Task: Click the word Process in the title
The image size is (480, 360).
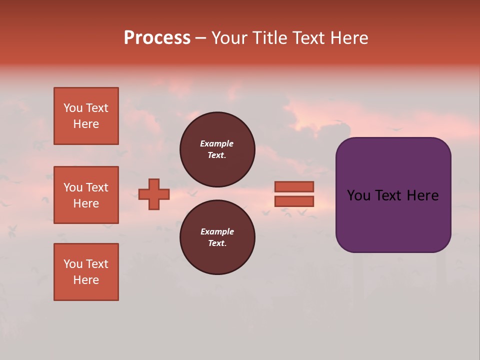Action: [157, 38]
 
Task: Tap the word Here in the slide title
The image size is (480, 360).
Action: [348, 38]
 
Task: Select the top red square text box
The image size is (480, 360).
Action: [86, 116]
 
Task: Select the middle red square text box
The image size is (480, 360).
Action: [86, 195]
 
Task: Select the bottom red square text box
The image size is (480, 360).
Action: [86, 272]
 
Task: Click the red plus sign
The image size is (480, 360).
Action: [154, 194]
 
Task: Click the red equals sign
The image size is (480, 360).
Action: [294, 194]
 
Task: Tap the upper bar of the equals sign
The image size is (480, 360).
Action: [294, 186]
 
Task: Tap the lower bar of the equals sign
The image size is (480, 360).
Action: [294, 201]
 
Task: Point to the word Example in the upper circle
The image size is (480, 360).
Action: [216, 143]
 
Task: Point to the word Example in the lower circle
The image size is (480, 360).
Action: [217, 231]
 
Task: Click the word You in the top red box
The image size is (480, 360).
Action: [73, 108]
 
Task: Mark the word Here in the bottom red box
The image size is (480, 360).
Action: [86, 280]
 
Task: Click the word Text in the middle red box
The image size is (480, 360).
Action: [97, 187]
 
